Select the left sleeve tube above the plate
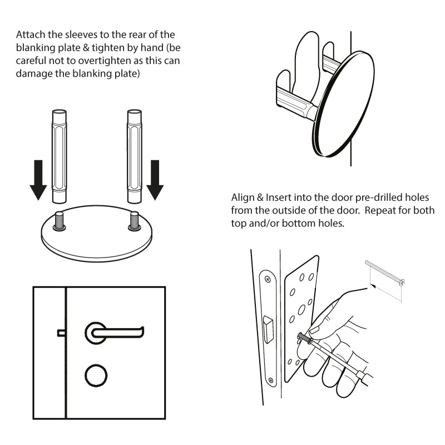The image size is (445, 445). coord(59,157)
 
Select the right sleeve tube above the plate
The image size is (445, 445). coord(135,157)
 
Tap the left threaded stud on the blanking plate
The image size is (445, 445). coord(59,222)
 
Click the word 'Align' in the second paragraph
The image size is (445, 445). coord(243,199)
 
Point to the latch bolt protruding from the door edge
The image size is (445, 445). coord(61,333)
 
